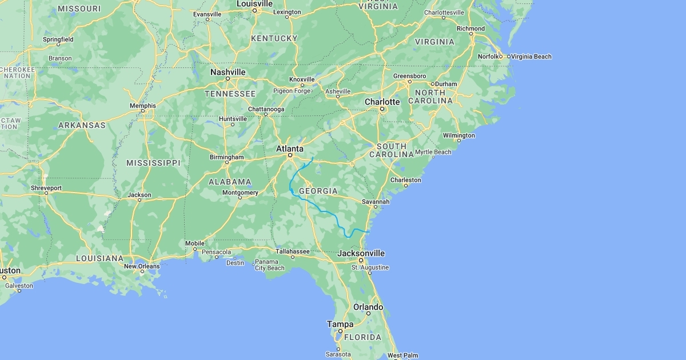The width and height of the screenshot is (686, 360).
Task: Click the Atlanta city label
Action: pos(289,149)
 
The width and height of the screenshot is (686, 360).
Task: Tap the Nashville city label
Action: pos(228,72)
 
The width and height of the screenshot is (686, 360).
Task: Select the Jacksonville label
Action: pos(361,253)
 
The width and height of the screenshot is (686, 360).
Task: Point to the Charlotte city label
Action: pos(382,102)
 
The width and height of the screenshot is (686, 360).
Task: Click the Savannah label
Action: pos(376,202)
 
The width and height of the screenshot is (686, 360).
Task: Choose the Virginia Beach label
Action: pos(531,57)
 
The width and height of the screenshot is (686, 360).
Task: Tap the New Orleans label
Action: pos(142,266)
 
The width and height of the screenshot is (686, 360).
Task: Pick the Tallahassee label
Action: pos(292,251)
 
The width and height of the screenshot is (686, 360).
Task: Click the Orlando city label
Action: pos(368,307)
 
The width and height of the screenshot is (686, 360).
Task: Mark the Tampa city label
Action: pos(340,324)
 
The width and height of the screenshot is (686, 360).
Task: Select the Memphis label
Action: pos(142,106)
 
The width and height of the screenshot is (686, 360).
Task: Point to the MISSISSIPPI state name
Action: pos(153,163)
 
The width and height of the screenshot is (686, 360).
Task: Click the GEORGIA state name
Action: pos(318,191)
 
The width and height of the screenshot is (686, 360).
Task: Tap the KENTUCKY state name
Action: pos(274,38)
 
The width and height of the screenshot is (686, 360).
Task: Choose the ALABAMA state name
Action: pos(230,182)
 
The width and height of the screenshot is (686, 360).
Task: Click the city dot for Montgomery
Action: pos(241,199)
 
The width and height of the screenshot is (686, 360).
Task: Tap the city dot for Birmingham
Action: pos(227,163)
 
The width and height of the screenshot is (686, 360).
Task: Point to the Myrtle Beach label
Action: pos(433,152)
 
